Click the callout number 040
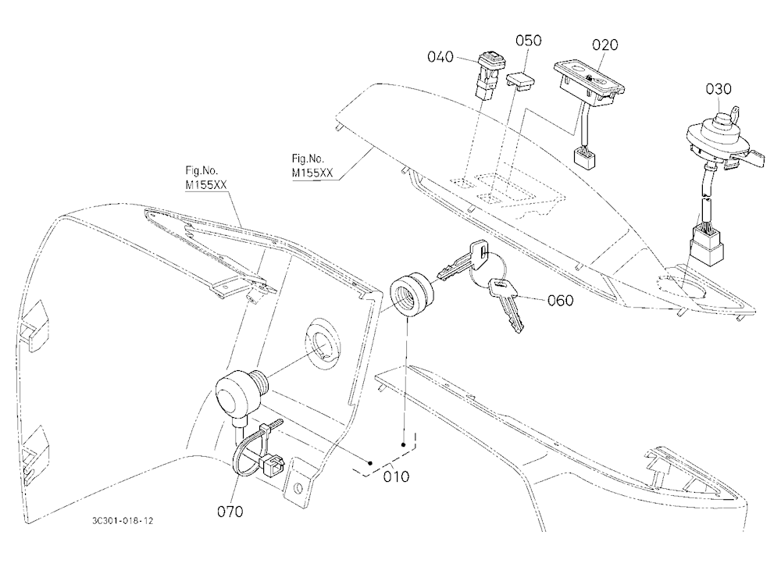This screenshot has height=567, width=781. tap(440, 57)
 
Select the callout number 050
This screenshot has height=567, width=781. tap(529, 41)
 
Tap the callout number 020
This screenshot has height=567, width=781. tap(604, 45)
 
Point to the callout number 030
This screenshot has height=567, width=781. tap(719, 89)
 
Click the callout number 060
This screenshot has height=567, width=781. tap(560, 301)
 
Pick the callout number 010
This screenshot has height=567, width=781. tap(396, 476)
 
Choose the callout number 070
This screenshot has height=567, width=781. tap(230, 512)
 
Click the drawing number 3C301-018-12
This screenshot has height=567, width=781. tap(123, 521)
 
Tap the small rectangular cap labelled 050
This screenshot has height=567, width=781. tap(520, 81)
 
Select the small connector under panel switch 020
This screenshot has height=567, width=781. tap(583, 158)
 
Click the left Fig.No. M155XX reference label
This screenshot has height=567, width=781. tap(205, 178)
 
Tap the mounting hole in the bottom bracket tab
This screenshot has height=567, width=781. tap(298, 487)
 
